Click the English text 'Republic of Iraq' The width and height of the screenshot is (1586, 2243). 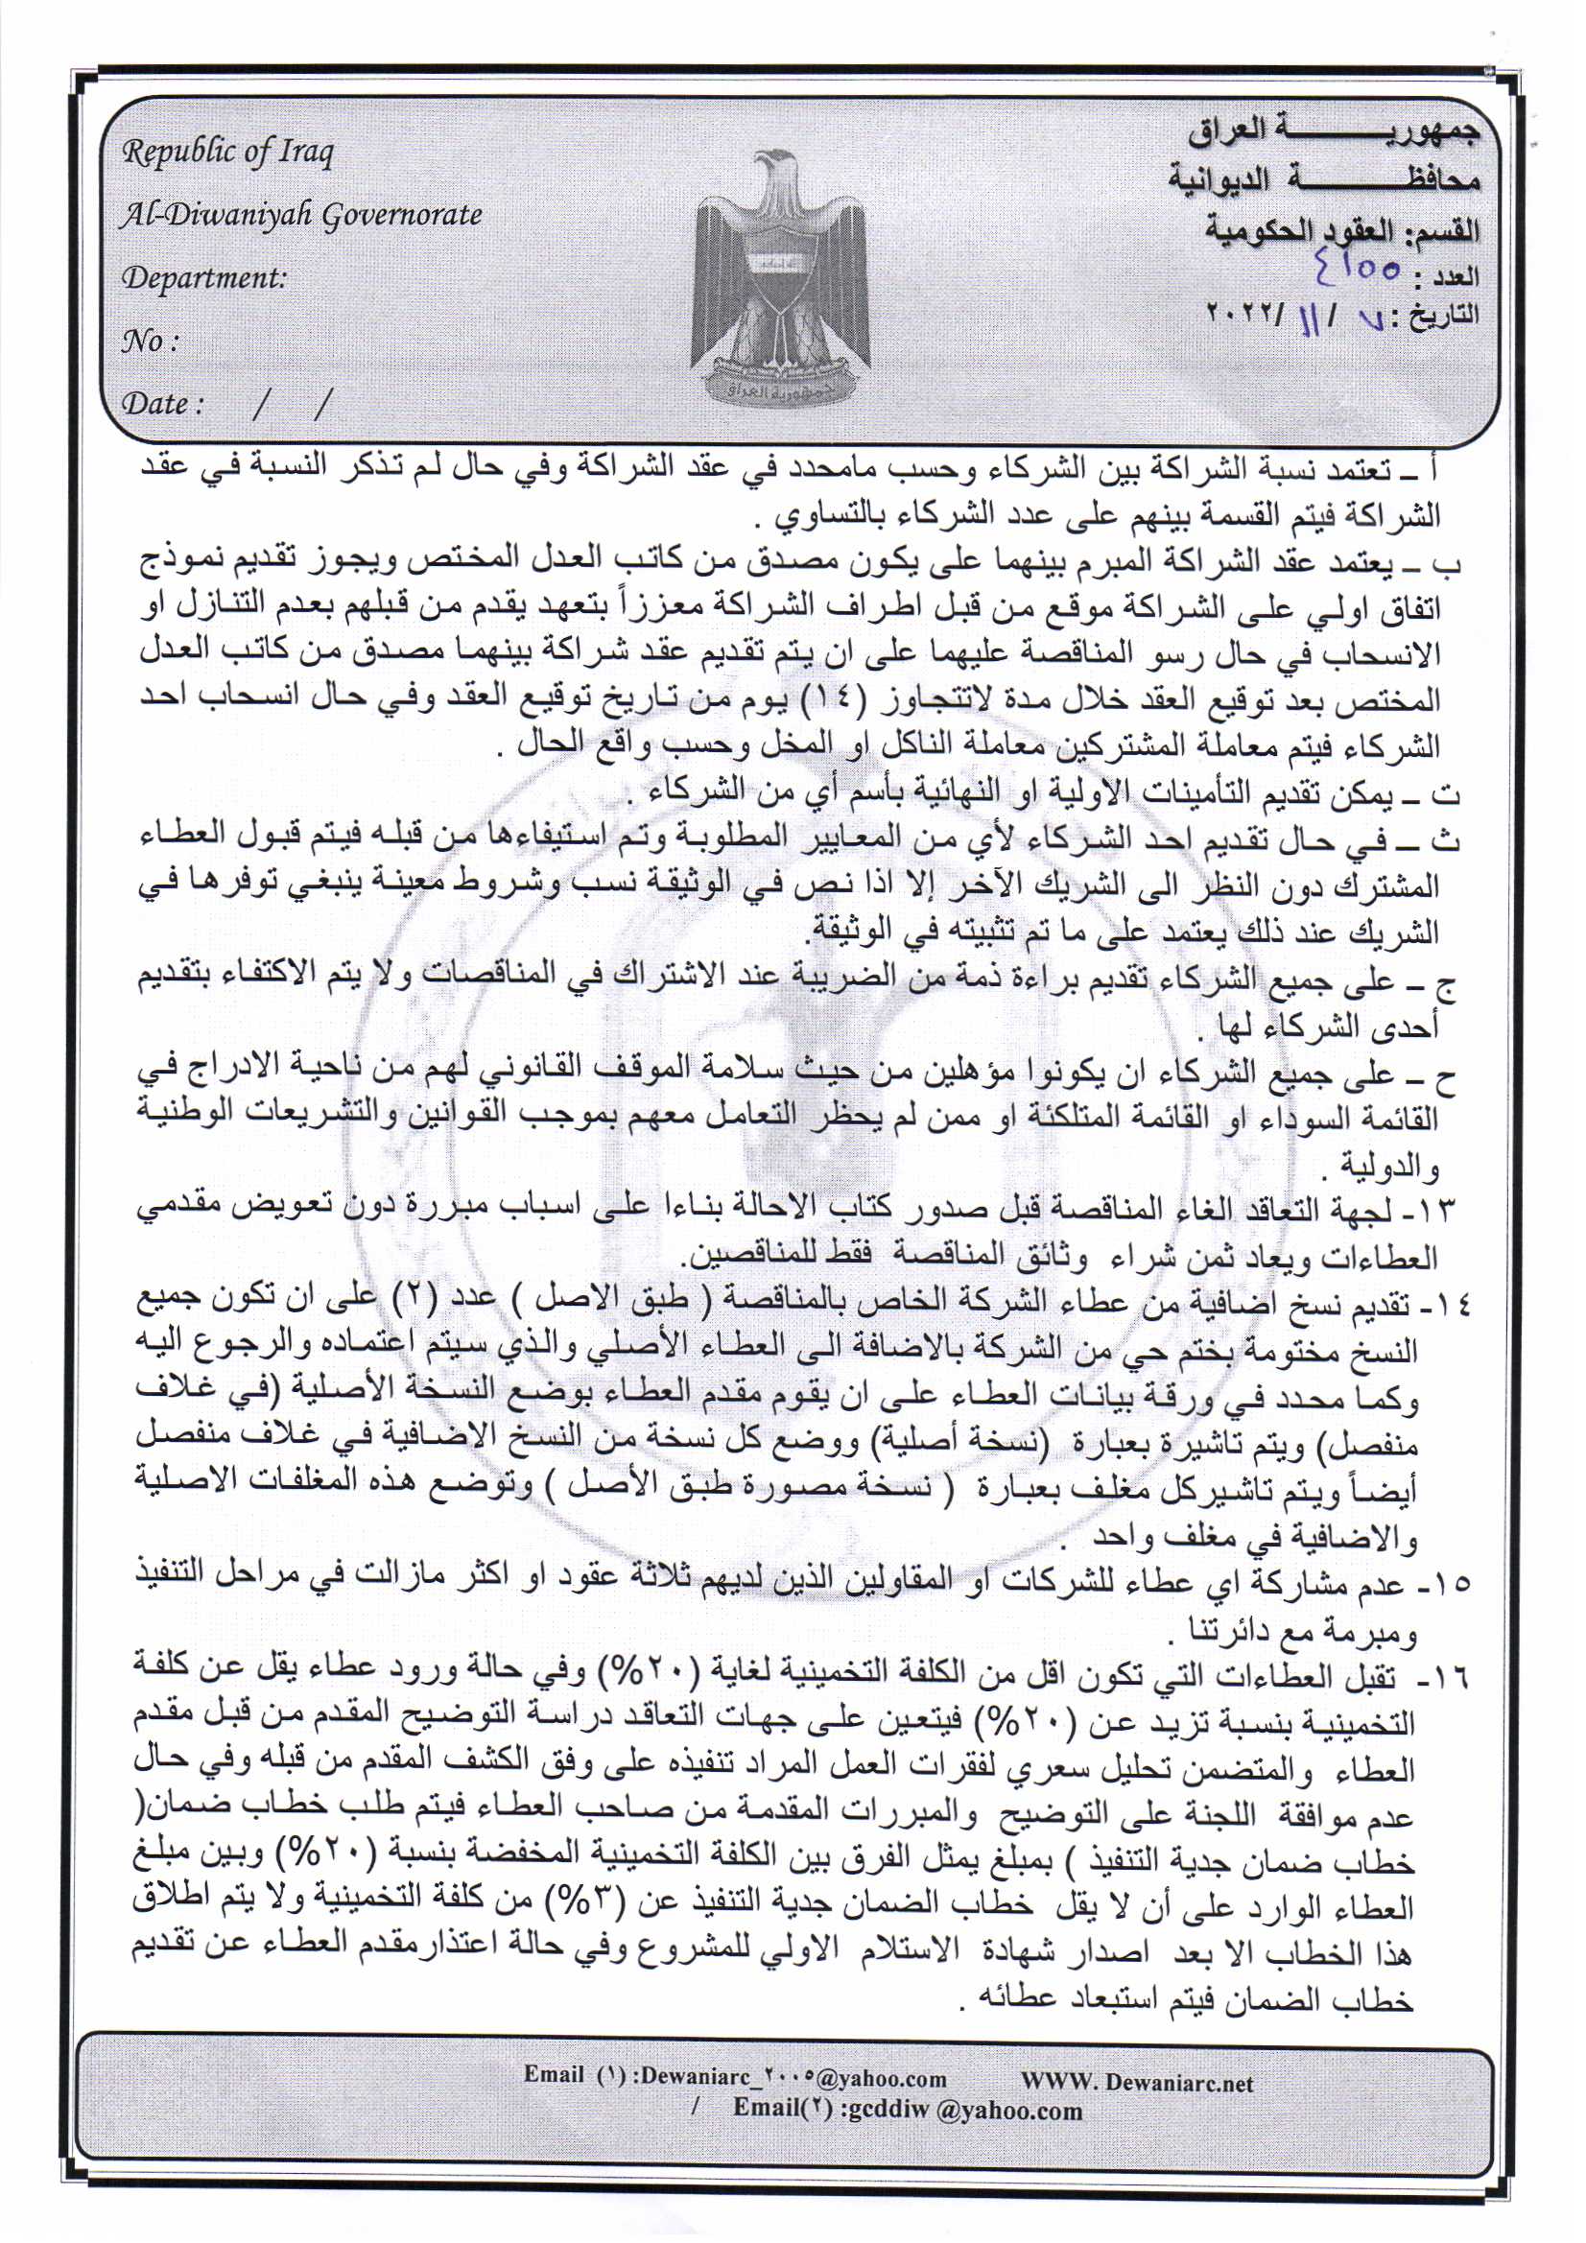(226, 153)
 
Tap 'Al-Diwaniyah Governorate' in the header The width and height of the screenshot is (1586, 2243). (301, 215)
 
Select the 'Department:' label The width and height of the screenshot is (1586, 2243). (204, 277)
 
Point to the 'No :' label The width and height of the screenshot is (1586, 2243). (150, 341)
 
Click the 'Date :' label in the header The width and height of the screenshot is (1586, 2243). (162, 403)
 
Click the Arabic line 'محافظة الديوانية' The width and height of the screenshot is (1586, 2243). (1324, 179)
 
